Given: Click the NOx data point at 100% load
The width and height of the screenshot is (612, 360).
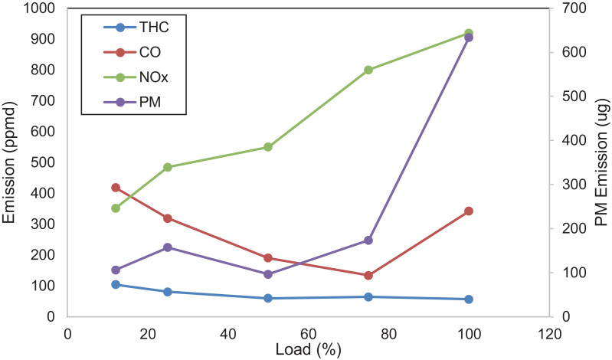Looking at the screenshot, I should [x=469, y=33].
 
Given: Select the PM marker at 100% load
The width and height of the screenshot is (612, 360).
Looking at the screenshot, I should [x=469, y=38].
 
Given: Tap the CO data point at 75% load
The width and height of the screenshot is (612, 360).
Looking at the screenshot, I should [x=368, y=276].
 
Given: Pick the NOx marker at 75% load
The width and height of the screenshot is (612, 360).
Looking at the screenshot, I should [x=368, y=70].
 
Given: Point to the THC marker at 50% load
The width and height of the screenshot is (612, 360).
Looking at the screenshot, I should [x=268, y=298].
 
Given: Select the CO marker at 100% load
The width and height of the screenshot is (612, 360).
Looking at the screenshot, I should [x=469, y=211].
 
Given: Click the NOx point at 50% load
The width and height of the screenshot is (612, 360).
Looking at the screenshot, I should [x=268, y=147].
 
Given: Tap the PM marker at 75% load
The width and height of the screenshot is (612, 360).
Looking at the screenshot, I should [x=368, y=241].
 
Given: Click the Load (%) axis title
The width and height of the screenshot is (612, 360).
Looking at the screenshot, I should [x=307, y=349].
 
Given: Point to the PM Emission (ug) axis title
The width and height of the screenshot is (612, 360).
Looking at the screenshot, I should [x=601, y=162].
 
